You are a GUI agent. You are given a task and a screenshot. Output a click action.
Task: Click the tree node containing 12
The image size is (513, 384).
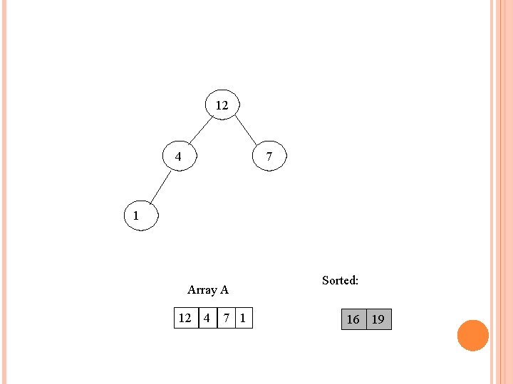pyautogui.click(x=222, y=105)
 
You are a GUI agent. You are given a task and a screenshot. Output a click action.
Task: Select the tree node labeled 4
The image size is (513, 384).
pyautogui.click(x=179, y=156)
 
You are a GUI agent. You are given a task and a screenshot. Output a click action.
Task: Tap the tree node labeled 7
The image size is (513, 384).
pyautogui.click(x=269, y=156)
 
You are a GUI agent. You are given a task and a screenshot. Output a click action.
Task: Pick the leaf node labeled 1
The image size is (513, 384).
pyautogui.click(x=138, y=215)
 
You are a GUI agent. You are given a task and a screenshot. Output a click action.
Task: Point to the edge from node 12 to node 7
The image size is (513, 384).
pyautogui.click(x=246, y=131)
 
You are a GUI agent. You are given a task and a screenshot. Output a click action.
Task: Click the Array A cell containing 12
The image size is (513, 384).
pyautogui.click(x=186, y=318)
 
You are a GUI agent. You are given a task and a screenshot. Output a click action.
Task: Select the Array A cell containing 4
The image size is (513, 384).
pyautogui.click(x=207, y=318)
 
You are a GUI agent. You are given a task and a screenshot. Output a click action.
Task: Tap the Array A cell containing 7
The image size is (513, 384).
pyautogui.click(x=226, y=318)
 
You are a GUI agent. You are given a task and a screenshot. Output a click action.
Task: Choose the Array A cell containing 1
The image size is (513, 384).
pyautogui.click(x=244, y=318)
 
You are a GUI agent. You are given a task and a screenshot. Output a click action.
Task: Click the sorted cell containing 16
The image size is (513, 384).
pyautogui.click(x=353, y=319)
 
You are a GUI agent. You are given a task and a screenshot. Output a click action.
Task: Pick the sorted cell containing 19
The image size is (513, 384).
pyautogui.click(x=378, y=319)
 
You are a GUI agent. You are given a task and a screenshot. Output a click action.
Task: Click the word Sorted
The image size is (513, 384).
pyautogui.click(x=340, y=280)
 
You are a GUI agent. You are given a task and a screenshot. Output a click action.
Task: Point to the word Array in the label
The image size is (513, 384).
pyautogui.click(x=202, y=290)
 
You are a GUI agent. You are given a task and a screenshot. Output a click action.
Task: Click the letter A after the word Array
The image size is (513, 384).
pyautogui.click(x=224, y=289)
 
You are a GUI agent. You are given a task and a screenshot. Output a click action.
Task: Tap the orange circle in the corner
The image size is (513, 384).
pyautogui.click(x=472, y=336)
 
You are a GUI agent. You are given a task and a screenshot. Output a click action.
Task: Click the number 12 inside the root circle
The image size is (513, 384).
pyautogui.click(x=222, y=105)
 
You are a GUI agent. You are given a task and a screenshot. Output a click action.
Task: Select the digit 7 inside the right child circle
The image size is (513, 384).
pyautogui.click(x=269, y=156)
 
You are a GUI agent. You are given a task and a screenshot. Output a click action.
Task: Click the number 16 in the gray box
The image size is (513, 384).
pyautogui.click(x=353, y=320)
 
